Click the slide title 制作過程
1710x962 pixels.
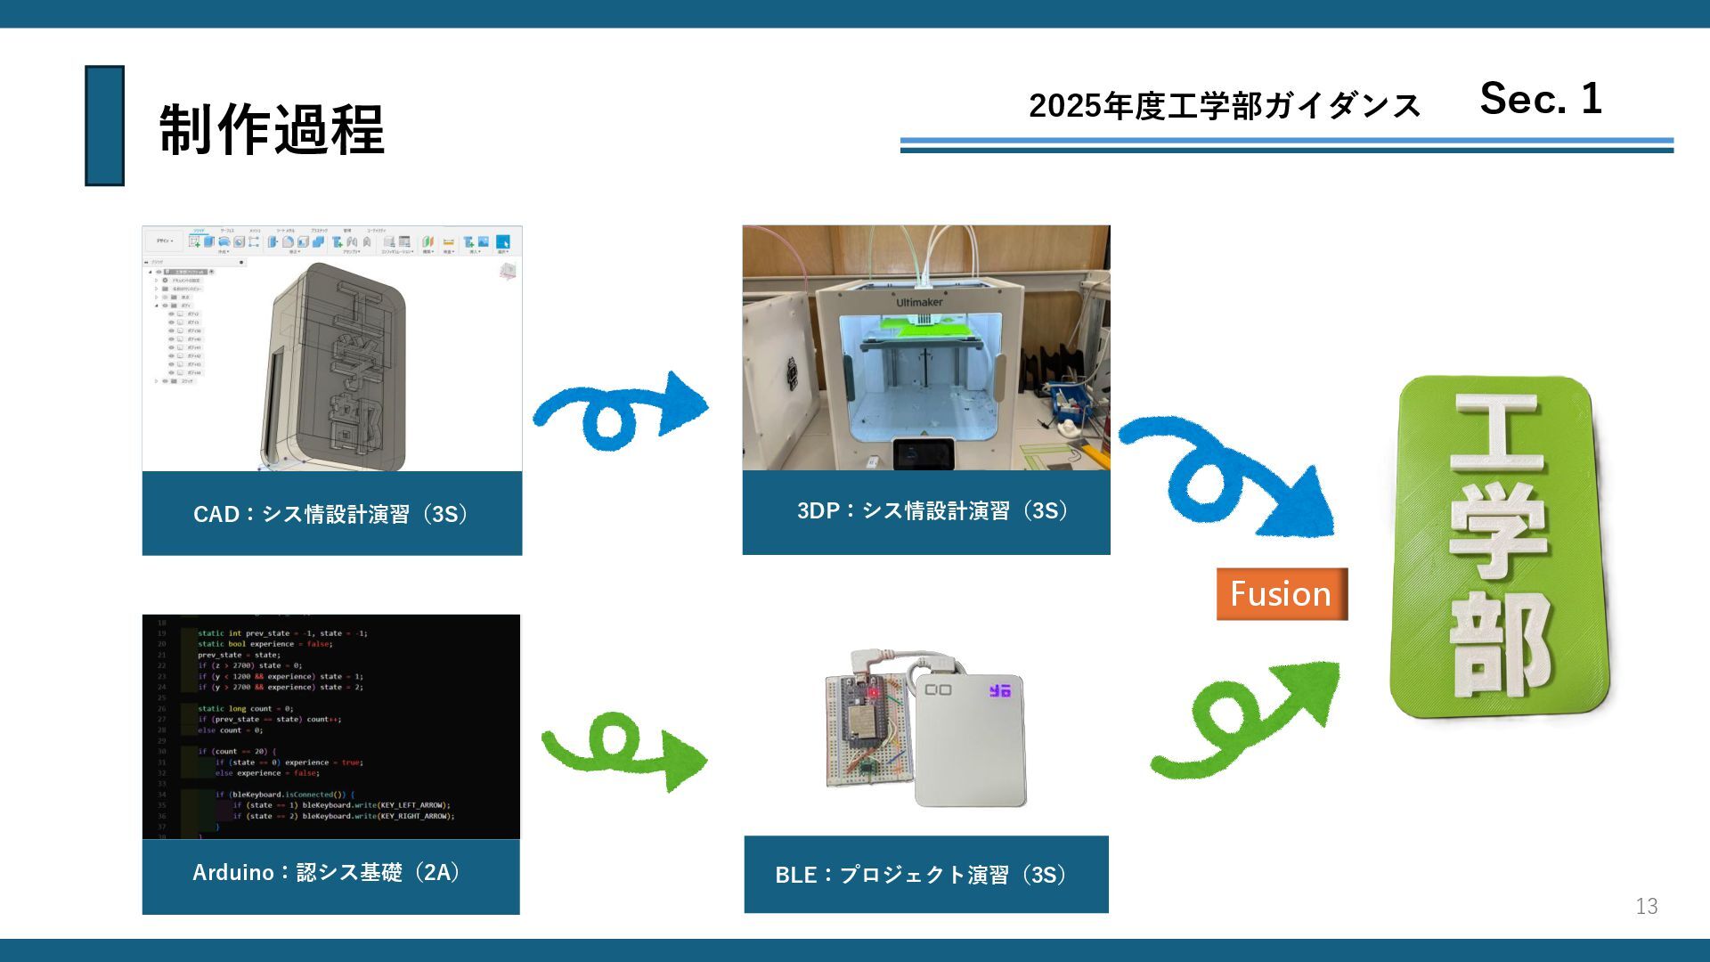[272, 129]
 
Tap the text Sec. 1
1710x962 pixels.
[1540, 98]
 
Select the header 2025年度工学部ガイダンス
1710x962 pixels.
[1224, 106]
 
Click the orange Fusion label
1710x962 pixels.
[1281, 594]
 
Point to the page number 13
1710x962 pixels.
[1646, 906]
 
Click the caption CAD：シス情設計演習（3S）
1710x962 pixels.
[331, 514]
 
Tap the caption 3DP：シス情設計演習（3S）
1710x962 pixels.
[932, 510]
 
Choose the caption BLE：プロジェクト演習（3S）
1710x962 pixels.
[921, 875]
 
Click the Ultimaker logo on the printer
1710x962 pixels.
[919, 303]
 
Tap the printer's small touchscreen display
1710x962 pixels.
[924, 453]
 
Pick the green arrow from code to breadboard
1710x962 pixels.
[623, 753]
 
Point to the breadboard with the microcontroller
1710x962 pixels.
[867, 730]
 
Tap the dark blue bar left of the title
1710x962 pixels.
[104, 126]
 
